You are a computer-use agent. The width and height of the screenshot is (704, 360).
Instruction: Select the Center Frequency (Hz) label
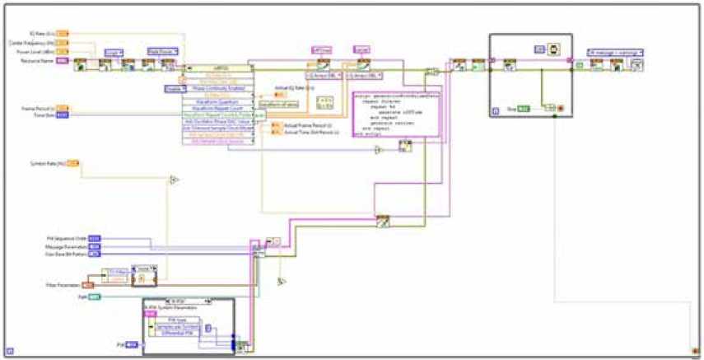(37, 43)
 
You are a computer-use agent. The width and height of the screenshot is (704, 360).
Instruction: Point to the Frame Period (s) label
(38, 108)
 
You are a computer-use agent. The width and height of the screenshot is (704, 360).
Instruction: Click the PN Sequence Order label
(66, 238)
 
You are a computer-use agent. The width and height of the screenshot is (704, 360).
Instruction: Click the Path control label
(82, 296)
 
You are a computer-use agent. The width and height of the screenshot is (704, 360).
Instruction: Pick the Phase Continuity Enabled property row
(218, 88)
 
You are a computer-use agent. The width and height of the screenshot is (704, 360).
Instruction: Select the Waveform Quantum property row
(218, 101)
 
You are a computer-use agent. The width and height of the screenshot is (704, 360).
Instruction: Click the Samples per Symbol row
(176, 326)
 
